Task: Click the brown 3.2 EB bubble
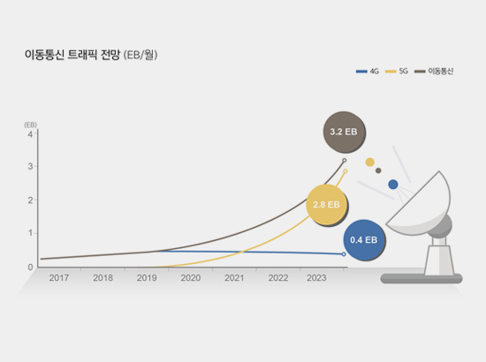click(x=344, y=132)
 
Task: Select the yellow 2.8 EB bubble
click(x=327, y=205)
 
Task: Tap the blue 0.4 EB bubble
click(x=364, y=240)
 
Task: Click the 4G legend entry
click(x=368, y=72)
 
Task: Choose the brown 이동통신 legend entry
click(x=434, y=72)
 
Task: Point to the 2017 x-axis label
click(x=59, y=278)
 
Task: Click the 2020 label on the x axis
click(x=191, y=278)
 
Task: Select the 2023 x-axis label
click(x=316, y=278)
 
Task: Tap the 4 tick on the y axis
click(x=30, y=134)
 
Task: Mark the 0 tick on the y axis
click(x=30, y=268)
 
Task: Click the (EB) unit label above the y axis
click(x=30, y=124)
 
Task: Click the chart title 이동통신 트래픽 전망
click(x=72, y=55)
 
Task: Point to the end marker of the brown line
click(x=345, y=161)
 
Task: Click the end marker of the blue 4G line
click(x=344, y=254)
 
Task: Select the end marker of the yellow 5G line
click(x=346, y=171)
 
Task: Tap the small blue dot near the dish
click(x=393, y=185)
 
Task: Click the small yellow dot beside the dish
click(x=369, y=162)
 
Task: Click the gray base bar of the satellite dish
click(x=421, y=278)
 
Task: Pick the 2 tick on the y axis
click(x=30, y=200)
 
